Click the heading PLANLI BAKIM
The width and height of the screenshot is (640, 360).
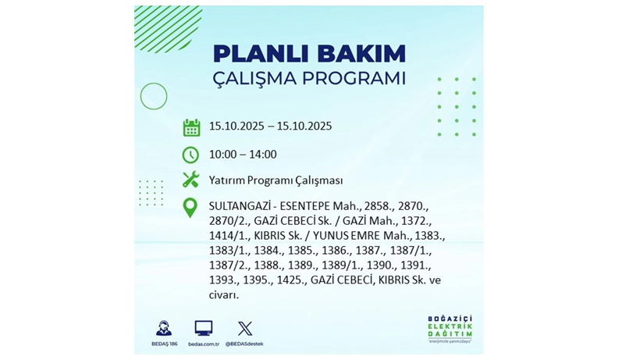[309, 54]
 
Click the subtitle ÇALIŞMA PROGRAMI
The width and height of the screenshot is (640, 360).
[309, 79]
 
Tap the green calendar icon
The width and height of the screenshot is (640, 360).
[191, 127]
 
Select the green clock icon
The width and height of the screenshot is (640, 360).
[191, 154]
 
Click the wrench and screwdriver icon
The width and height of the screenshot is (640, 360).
[191, 180]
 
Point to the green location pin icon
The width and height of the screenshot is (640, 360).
[190, 208]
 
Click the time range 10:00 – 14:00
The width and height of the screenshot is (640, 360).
[243, 155]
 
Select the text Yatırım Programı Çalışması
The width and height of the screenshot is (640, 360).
[276, 180]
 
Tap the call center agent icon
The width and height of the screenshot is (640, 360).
[163, 328]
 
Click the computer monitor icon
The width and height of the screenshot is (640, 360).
[204, 328]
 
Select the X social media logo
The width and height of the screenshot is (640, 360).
[245, 328]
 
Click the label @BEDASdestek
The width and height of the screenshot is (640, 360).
[245, 344]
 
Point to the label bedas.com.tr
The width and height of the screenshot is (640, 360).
[204, 344]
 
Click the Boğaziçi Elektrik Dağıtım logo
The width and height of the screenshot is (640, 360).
[450, 329]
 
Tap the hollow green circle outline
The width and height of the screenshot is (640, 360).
[154, 96]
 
